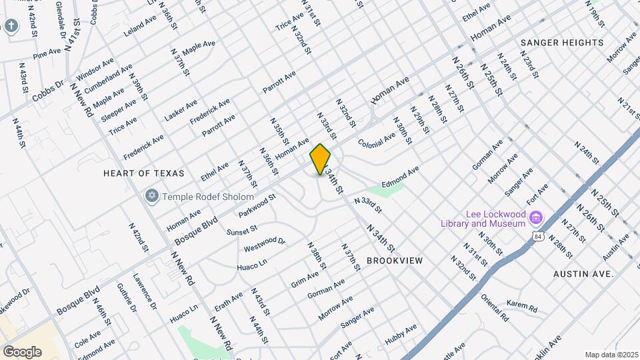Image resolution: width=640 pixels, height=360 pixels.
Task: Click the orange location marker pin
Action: pos(321,159)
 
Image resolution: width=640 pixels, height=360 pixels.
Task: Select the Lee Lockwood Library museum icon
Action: pos(535,217)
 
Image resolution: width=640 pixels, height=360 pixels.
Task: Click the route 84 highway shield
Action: pos(538,237)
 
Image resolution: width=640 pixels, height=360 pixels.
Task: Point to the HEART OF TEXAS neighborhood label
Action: pos(143,173)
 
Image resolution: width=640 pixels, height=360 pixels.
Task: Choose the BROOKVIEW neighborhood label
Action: pos(393,261)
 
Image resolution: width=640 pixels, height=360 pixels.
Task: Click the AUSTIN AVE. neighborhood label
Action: pos(583,274)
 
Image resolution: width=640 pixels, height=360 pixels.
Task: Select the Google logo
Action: pos(21,351)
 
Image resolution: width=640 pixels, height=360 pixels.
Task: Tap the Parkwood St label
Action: pos(257,206)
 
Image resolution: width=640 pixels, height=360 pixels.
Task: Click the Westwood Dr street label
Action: pos(264,245)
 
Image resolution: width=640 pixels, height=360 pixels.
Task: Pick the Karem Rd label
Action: pos(521,307)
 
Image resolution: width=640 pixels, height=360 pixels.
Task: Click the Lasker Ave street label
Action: pos(181,110)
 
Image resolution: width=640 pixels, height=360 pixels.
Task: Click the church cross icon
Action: pos(11,26)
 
